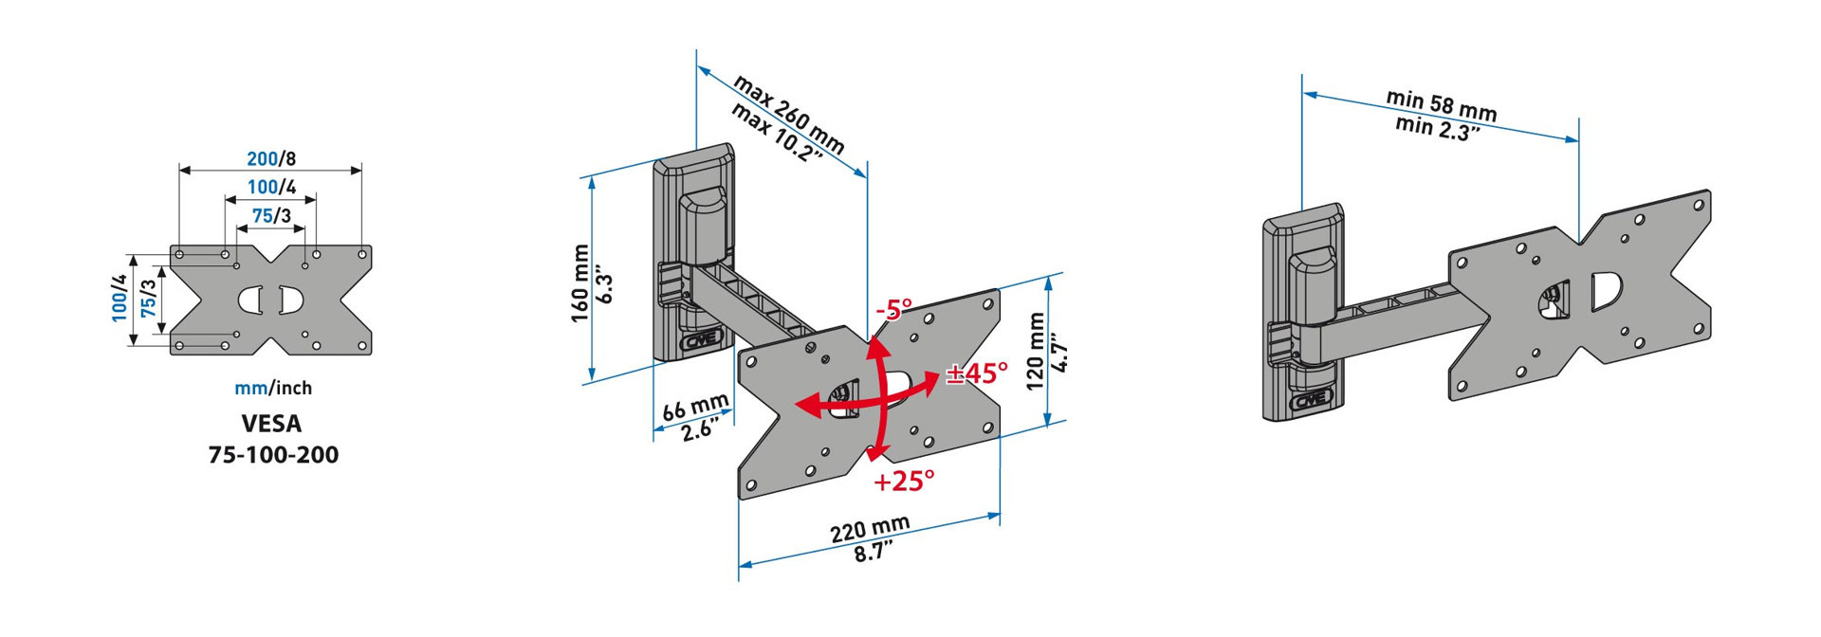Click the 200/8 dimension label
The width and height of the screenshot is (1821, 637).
(271, 158)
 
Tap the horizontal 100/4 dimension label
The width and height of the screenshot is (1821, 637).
(271, 187)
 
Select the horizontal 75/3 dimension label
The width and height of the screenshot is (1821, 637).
(271, 215)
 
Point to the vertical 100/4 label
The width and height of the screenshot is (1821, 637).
(120, 298)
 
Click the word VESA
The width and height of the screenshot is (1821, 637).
(271, 423)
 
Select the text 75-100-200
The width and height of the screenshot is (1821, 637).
(273, 455)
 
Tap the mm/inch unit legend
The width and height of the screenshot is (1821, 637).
(273, 388)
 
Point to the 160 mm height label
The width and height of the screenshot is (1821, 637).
(579, 283)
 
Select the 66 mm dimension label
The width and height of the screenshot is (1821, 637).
(695, 408)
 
